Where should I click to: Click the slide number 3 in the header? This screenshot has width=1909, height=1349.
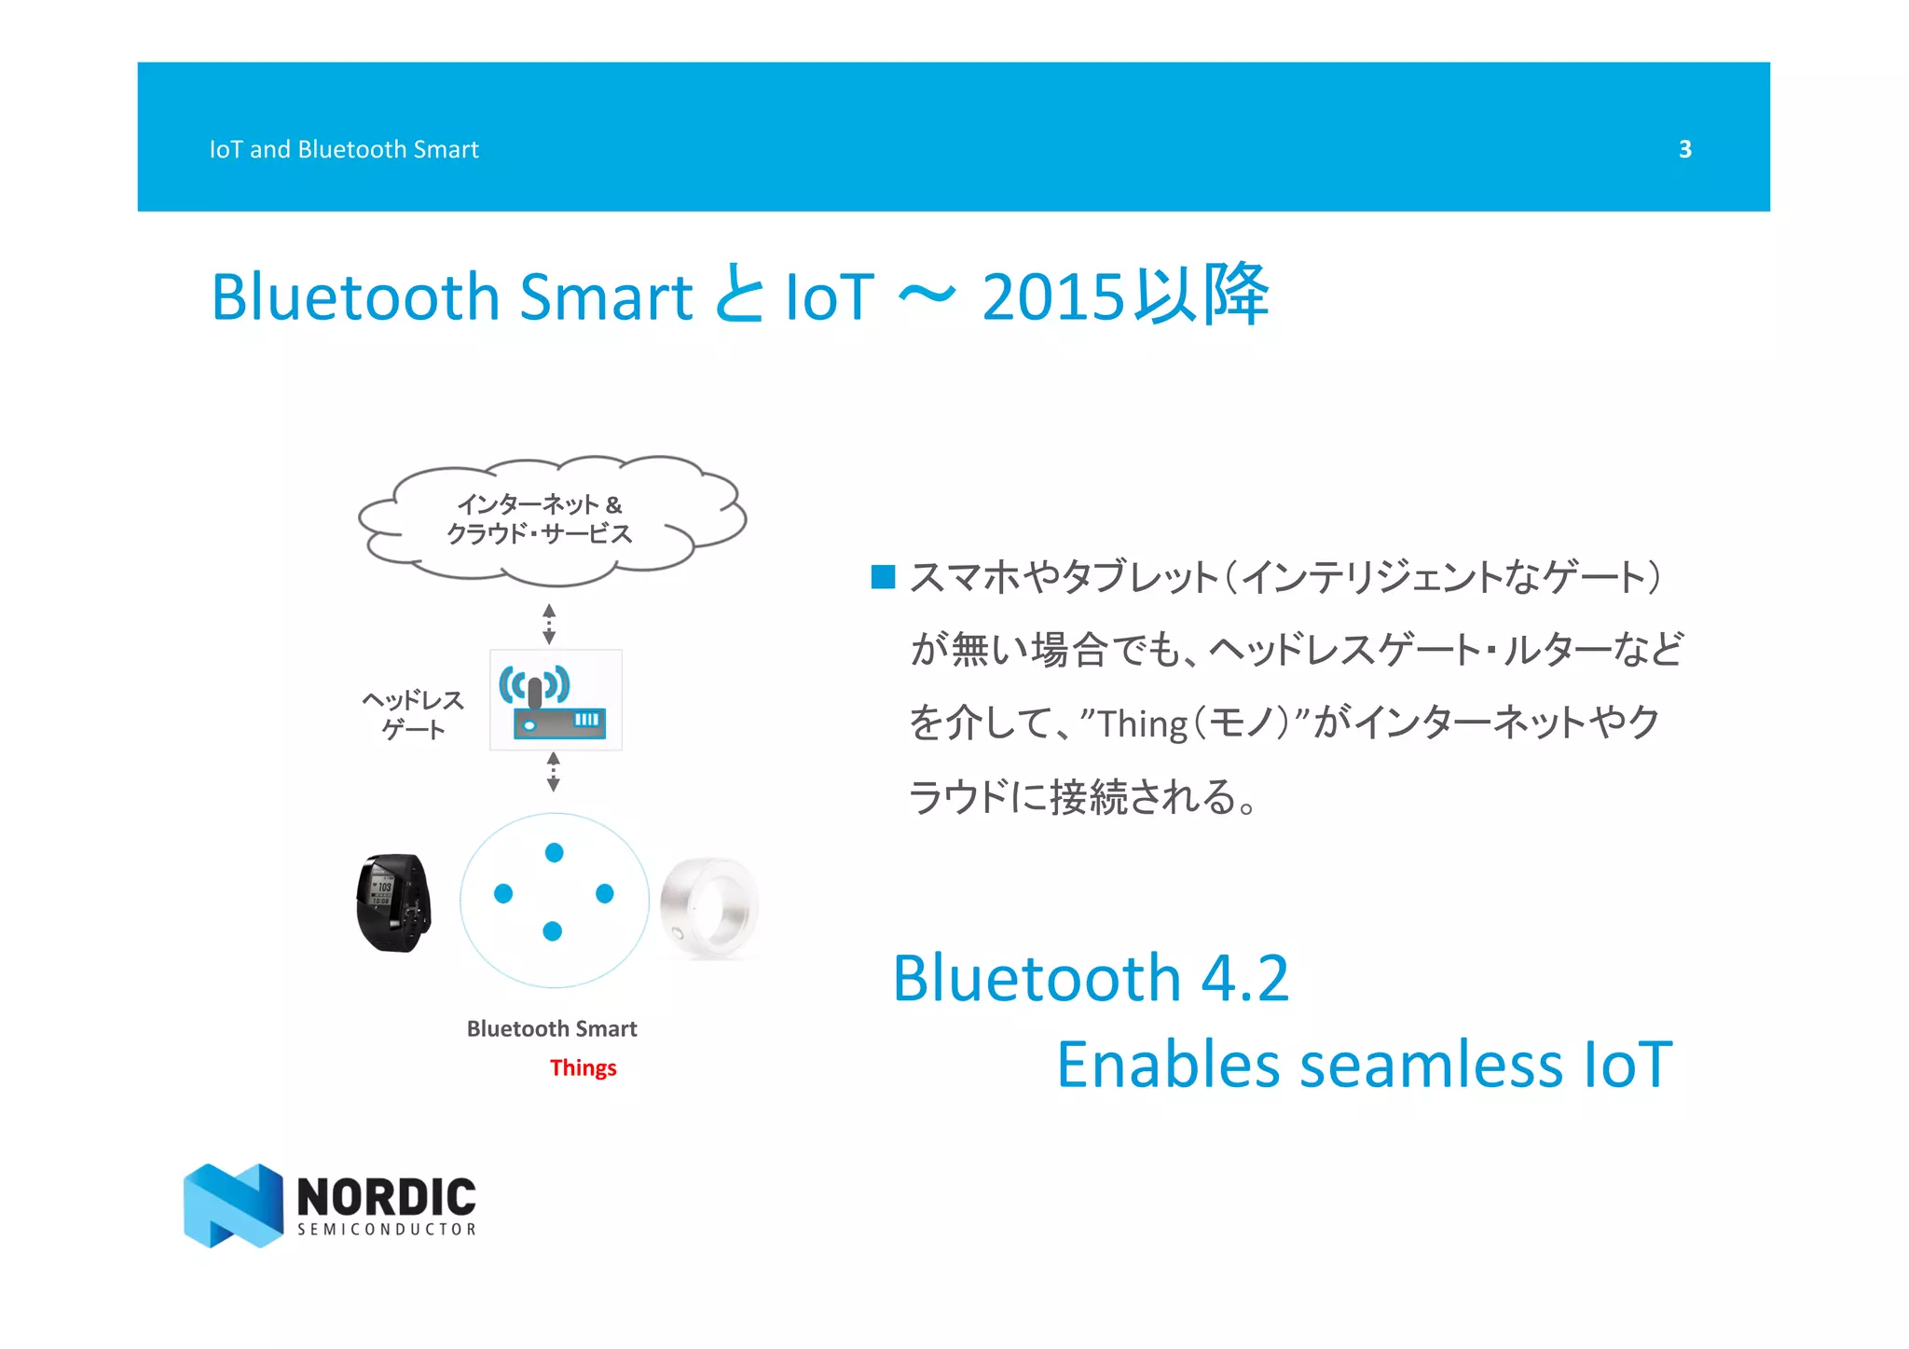(1684, 149)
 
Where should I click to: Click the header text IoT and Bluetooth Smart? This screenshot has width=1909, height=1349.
(343, 149)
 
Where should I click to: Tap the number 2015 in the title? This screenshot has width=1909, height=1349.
(1053, 297)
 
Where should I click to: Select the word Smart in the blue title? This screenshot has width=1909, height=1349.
(605, 297)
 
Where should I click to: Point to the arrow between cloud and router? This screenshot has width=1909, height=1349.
(549, 624)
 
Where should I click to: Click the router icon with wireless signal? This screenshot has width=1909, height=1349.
(556, 700)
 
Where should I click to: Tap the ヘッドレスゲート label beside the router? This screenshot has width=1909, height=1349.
(413, 714)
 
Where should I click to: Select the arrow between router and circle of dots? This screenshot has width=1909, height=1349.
(554, 772)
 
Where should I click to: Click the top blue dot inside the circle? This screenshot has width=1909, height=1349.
(554, 852)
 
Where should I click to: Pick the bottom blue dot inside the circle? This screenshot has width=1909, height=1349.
(552, 930)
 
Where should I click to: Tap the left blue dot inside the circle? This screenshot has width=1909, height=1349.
(503, 893)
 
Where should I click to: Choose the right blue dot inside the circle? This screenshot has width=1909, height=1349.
(604, 893)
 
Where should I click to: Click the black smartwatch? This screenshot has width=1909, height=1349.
(394, 902)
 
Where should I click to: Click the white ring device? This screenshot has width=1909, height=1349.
(709, 908)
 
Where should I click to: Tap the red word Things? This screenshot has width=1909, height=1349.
(583, 1067)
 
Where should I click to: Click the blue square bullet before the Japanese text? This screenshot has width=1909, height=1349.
(882, 577)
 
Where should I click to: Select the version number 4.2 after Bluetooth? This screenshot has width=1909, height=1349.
(1244, 978)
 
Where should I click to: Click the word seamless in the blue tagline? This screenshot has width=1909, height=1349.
(1431, 1065)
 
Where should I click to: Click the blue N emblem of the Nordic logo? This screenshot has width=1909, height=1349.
(233, 1204)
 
